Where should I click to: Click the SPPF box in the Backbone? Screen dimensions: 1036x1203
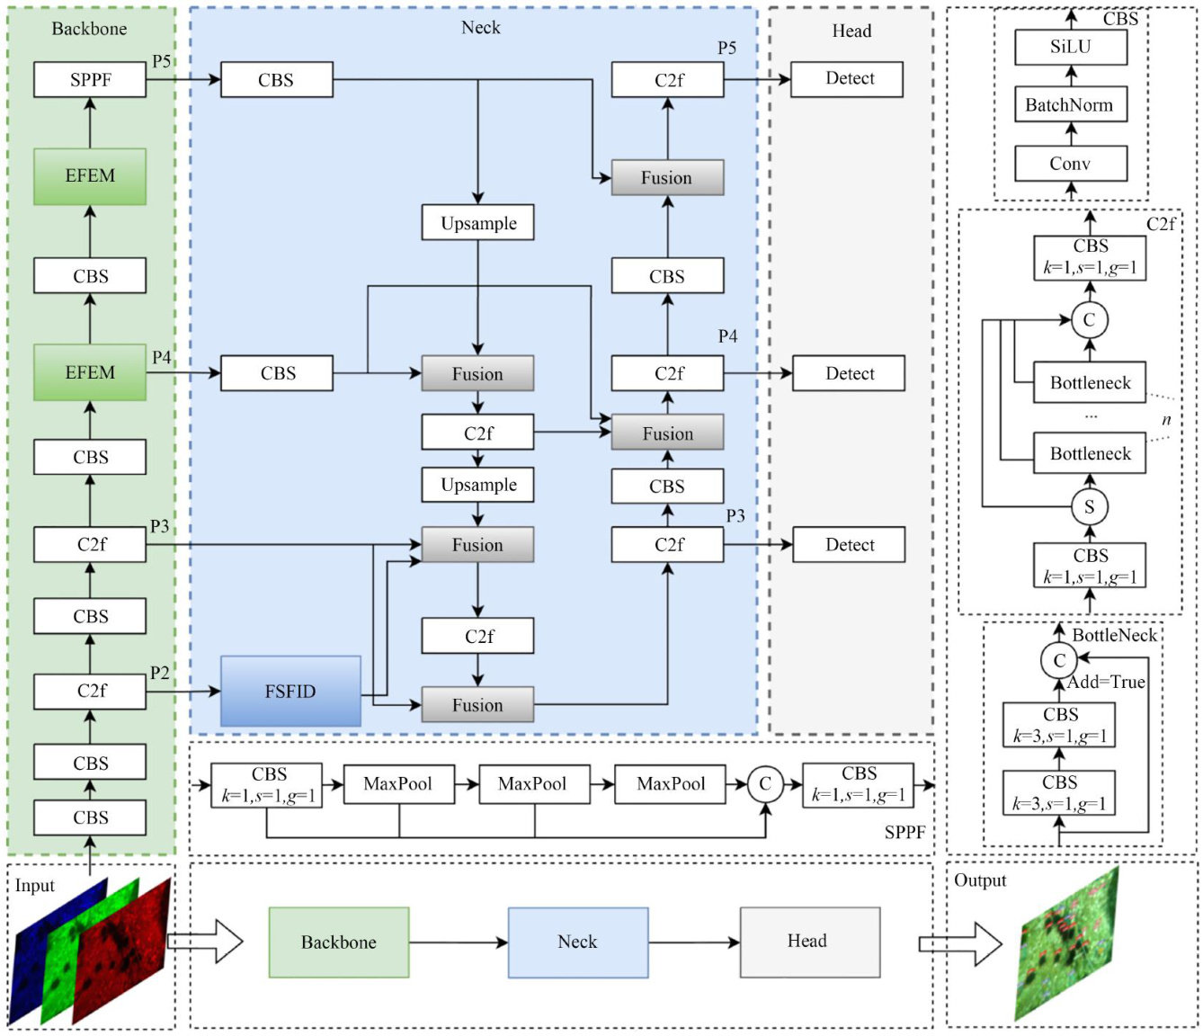click(x=90, y=80)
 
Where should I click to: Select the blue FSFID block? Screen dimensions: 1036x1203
click(x=290, y=692)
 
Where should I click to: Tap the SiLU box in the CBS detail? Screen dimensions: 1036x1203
click(x=1070, y=47)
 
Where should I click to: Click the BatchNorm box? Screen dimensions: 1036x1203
click(x=1070, y=105)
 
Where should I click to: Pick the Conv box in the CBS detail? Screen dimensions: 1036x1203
click(x=1070, y=164)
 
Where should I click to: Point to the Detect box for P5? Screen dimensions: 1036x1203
click(x=849, y=79)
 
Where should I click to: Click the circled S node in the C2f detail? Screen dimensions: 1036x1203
click(x=1089, y=507)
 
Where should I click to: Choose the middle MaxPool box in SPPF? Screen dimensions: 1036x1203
click(x=534, y=784)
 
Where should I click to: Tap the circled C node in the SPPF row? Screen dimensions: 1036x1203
click(x=765, y=784)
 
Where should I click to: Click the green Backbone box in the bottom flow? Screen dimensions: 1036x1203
click(x=339, y=942)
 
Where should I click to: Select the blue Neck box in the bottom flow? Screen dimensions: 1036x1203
click(x=577, y=942)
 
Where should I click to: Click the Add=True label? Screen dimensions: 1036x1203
click(x=1107, y=683)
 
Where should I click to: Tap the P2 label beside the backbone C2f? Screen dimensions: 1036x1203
click(x=160, y=673)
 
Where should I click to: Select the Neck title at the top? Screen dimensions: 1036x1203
click(x=480, y=28)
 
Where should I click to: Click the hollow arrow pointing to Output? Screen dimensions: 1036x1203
click(x=959, y=944)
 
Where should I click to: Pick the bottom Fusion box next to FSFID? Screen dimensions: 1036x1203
click(x=477, y=705)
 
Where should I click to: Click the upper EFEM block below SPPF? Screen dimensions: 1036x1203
click(x=90, y=176)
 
